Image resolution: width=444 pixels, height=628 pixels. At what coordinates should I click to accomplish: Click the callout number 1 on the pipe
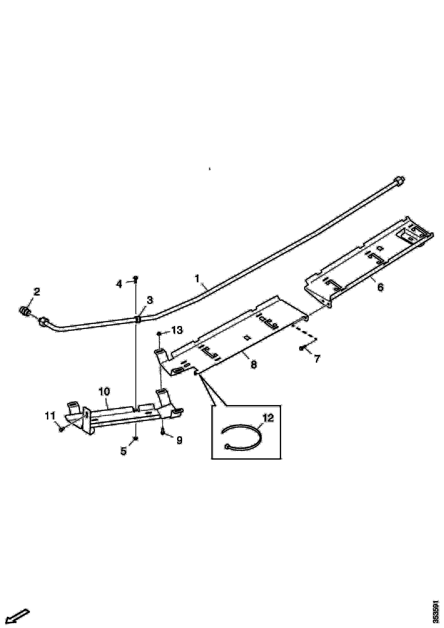coord(197,279)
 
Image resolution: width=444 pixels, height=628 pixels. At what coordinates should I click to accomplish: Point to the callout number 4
coord(119,284)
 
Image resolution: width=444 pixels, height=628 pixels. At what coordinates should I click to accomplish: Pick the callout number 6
coord(380,287)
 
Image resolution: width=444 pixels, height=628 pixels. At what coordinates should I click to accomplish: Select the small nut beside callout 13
coord(159,333)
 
